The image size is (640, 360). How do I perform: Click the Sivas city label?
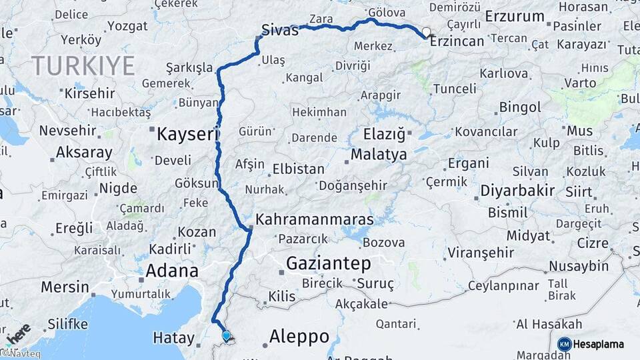click(279, 31)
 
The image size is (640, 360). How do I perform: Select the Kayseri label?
click(187, 135)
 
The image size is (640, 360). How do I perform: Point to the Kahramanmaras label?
click(315, 219)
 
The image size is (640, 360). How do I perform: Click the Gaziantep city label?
click(328, 264)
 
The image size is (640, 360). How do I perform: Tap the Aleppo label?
click(299, 337)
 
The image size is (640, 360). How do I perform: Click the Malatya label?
click(379, 155)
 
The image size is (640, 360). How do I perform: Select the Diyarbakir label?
click(517, 191)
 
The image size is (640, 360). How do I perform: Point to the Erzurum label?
click(515, 16)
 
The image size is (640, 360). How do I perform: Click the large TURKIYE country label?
click(83, 66)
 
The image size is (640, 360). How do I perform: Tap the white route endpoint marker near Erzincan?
click(426, 31)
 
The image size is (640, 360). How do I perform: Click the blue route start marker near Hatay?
click(227, 337)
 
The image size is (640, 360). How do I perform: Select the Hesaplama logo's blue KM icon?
click(564, 344)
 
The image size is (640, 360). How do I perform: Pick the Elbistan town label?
click(299, 169)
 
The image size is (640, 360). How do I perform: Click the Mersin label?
click(65, 287)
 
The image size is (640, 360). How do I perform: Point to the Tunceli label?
click(455, 89)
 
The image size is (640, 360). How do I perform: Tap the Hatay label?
click(173, 338)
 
